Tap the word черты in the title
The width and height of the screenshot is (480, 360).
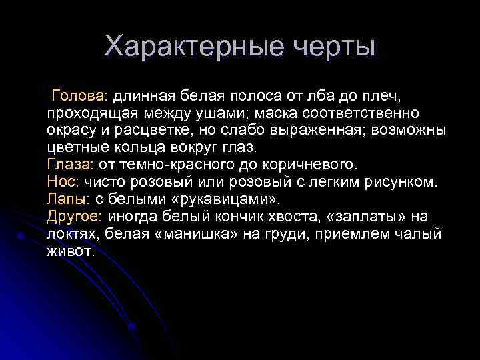pos(333,47)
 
